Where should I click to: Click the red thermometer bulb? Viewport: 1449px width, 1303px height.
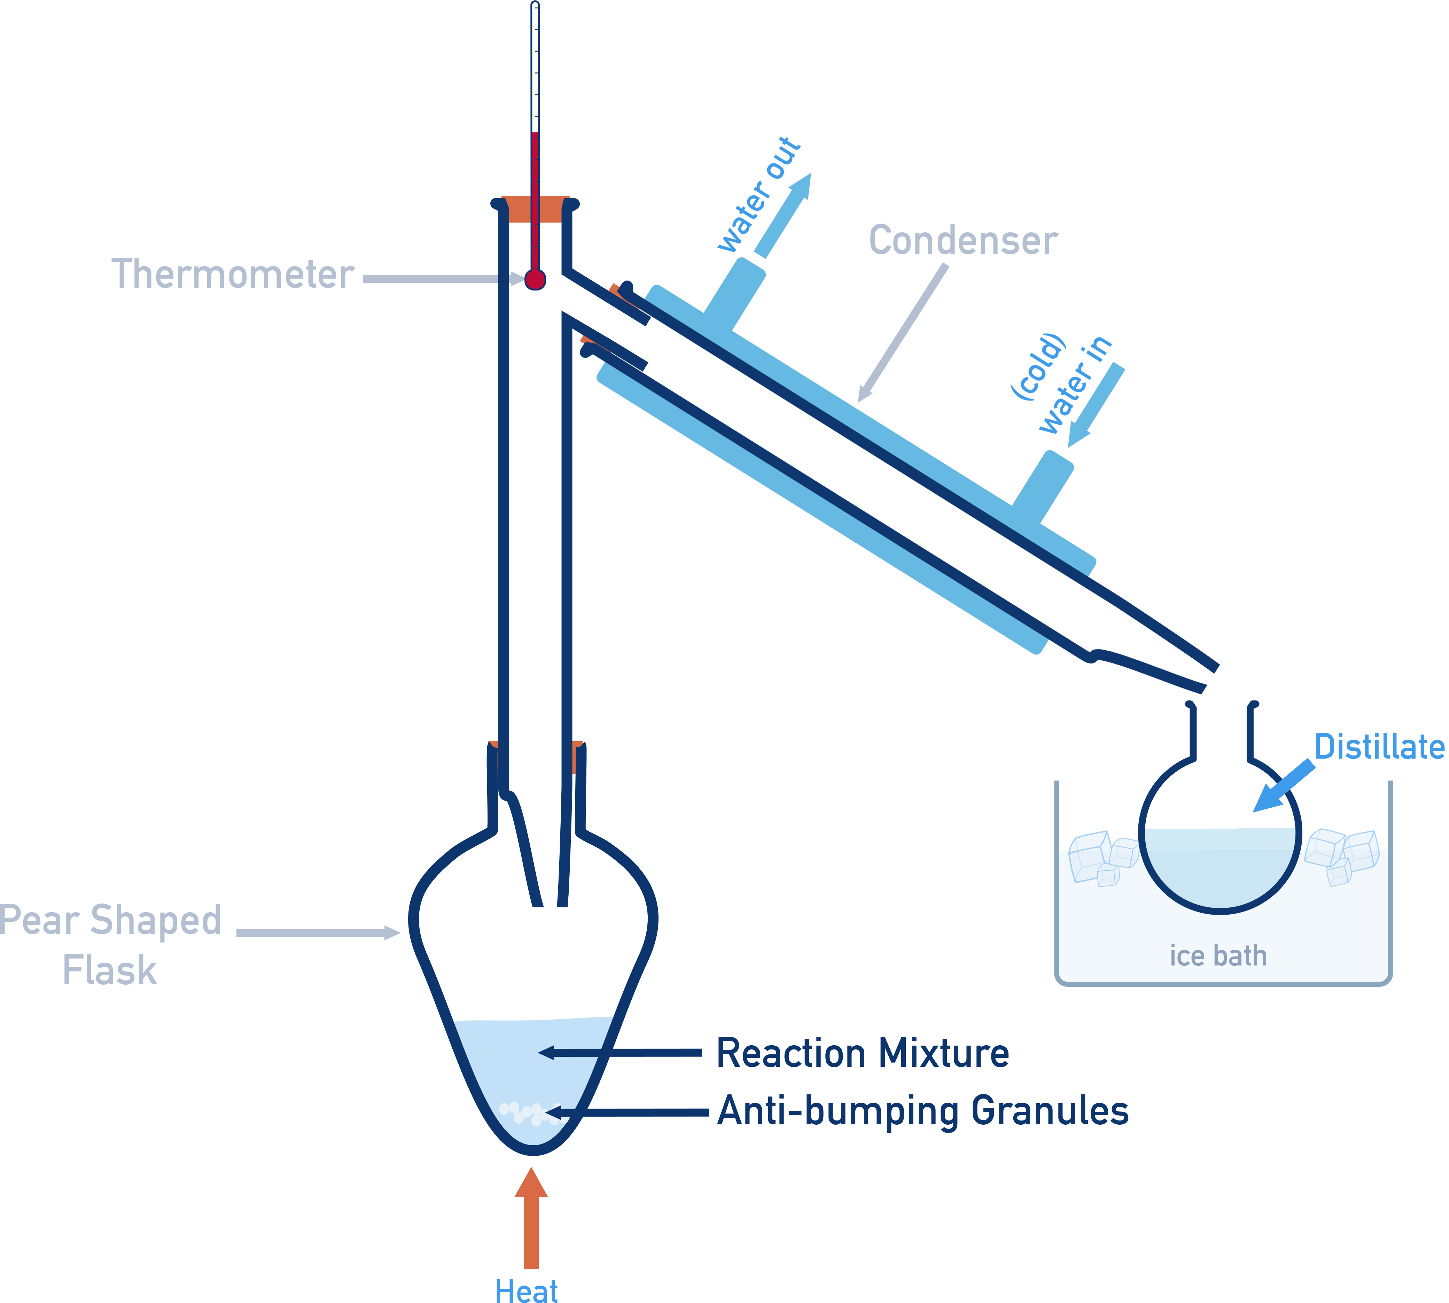coord(535,279)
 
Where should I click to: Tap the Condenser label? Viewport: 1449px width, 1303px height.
coord(963,240)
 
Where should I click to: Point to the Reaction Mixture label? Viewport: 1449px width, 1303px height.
coord(863,1053)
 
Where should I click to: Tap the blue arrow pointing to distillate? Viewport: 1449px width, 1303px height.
coord(1284,786)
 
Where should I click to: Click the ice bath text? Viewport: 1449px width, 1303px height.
coord(1218,956)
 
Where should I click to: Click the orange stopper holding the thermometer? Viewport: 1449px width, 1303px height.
coord(536,208)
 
